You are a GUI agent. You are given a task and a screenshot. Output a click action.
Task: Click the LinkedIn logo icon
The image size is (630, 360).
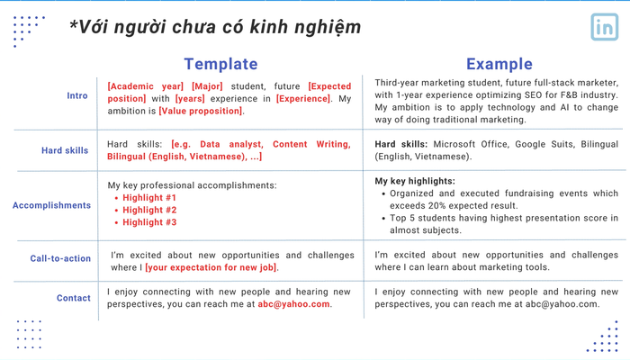click(x=604, y=27)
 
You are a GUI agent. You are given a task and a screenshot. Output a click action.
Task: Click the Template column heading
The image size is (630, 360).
click(x=221, y=64)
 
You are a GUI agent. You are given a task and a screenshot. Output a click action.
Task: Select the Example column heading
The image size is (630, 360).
click(x=499, y=64)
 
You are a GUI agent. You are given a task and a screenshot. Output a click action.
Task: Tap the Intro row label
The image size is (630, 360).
click(x=77, y=95)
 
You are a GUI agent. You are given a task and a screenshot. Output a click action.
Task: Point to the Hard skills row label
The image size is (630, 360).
click(x=65, y=150)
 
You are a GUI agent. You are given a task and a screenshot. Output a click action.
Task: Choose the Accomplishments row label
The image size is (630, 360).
click(x=52, y=205)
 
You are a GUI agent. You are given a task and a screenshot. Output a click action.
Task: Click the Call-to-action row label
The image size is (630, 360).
click(x=60, y=258)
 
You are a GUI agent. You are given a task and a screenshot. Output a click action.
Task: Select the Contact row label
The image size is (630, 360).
click(x=74, y=298)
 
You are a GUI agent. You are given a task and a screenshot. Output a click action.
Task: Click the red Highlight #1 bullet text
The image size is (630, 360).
click(x=149, y=198)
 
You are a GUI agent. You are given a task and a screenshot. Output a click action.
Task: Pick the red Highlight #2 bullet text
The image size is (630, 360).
click(x=149, y=210)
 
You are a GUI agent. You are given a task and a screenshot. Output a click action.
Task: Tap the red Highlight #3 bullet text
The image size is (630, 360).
click(x=149, y=222)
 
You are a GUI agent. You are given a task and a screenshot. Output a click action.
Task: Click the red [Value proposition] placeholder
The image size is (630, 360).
click(x=201, y=111)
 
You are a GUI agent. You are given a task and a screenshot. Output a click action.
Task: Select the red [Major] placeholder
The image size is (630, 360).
click(x=207, y=86)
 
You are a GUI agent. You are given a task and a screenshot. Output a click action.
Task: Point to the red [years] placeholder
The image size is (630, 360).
click(x=190, y=99)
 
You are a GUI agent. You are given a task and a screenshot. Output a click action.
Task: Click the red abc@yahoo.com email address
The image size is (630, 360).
click(x=293, y=304)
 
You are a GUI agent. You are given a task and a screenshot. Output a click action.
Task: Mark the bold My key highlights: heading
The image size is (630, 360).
click(x=415, y=181)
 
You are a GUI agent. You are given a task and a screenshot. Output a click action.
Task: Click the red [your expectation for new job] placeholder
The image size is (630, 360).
click(x=211, y=267)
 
